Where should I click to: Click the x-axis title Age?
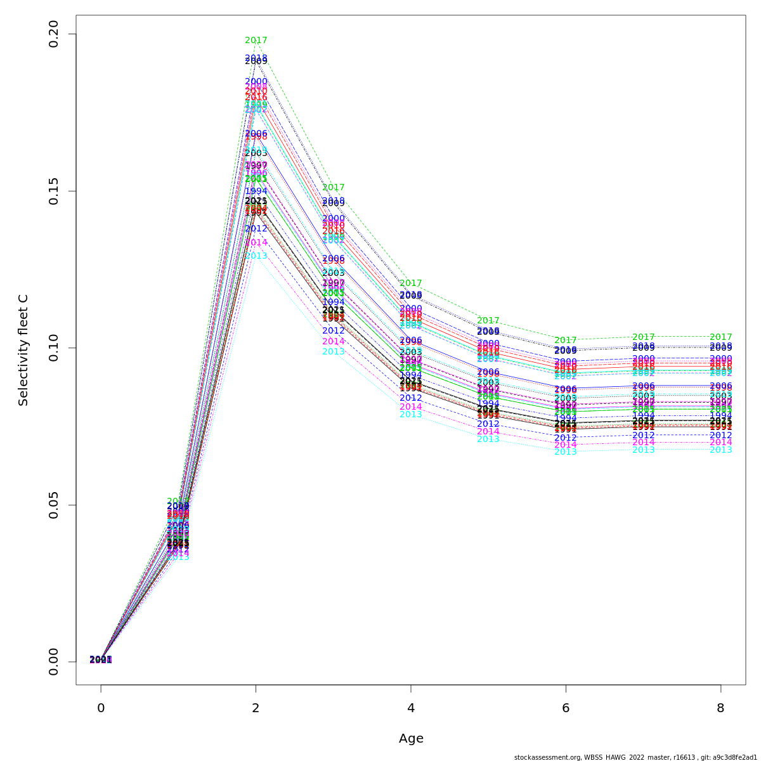tap(411, 739)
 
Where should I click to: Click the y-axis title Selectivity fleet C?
tap(23, 349)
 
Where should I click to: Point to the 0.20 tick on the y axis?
tap(53, 34)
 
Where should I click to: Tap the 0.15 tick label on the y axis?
tap(53, 191)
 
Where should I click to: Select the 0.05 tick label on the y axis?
tap(53, 505)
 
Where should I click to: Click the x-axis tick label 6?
tap(566, 708)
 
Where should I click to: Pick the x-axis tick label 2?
tap(256, 708)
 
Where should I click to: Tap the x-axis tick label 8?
tap(720, 708)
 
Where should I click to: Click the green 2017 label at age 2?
tap(256, 41)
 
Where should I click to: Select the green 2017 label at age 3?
tap(334, 188)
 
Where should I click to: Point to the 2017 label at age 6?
tap(566, 341)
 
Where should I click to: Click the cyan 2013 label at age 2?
tap(256, 256)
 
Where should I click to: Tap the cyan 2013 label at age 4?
tap(411, 415)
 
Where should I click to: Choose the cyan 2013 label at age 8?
tap(720, 450)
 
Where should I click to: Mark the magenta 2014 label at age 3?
tap(334, 342)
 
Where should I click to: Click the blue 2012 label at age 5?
tap(488, 424)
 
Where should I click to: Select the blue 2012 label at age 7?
tap(643, 436)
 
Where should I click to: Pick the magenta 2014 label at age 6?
tap(566, 445)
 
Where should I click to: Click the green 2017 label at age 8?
tap(720, 337)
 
